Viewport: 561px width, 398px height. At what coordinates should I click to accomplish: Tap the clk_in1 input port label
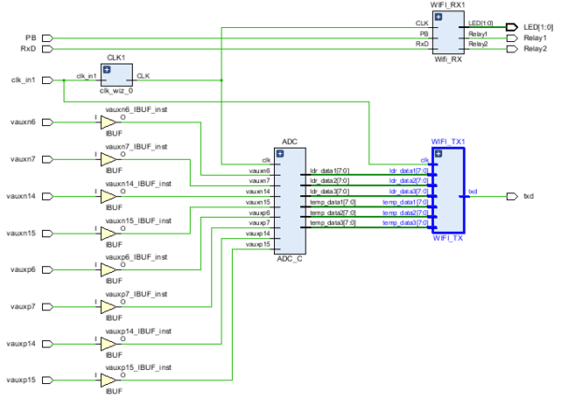point(22,80)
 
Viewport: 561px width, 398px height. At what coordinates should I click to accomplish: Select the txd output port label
point(528,196)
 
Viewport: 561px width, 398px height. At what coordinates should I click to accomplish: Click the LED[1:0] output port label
point(534,27)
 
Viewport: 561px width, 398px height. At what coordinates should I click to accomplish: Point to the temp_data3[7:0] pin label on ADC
point(330,223)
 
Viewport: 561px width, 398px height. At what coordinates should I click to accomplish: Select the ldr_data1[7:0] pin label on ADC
point(328,172)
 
